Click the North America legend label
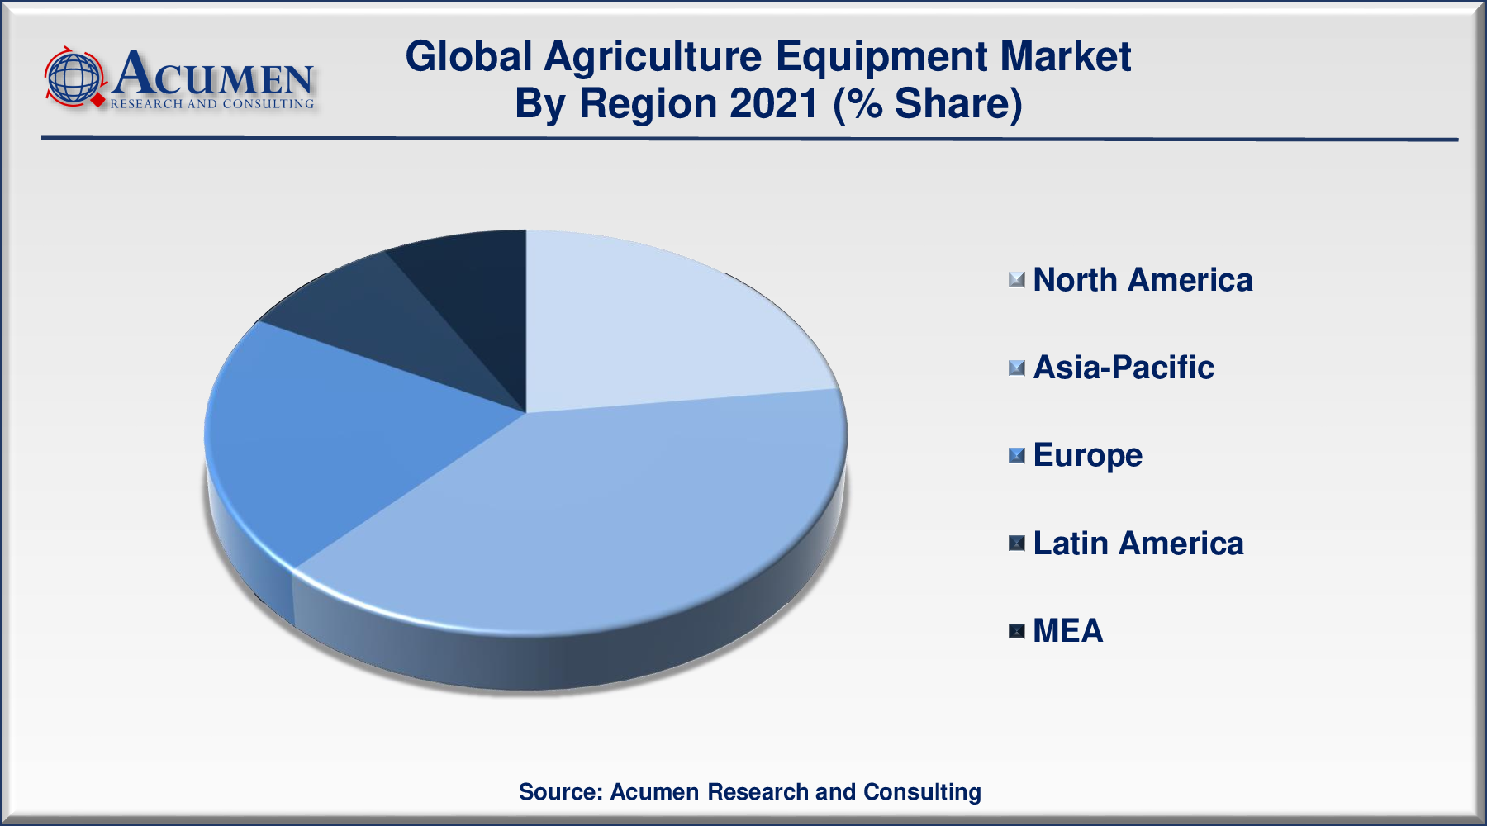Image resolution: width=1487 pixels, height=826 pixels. click(1143, 280)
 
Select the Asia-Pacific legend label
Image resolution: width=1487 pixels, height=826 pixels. click(1124, 368)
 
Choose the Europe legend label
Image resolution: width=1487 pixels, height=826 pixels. click(1087, 455)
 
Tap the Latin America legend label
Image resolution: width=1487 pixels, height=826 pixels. click(1138, 544)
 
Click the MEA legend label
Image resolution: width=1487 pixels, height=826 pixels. click(1067, 631)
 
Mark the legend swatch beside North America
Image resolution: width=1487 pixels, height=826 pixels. click(1017, 280)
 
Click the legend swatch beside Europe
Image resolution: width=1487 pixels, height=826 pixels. click(1017, 455)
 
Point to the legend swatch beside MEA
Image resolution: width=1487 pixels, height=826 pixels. click(1017, 631)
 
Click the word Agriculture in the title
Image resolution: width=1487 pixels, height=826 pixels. click(653, 57)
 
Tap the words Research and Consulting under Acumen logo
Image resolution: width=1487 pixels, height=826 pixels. click(212, 104)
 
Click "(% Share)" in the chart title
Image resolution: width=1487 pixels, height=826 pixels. click(928, 104)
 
